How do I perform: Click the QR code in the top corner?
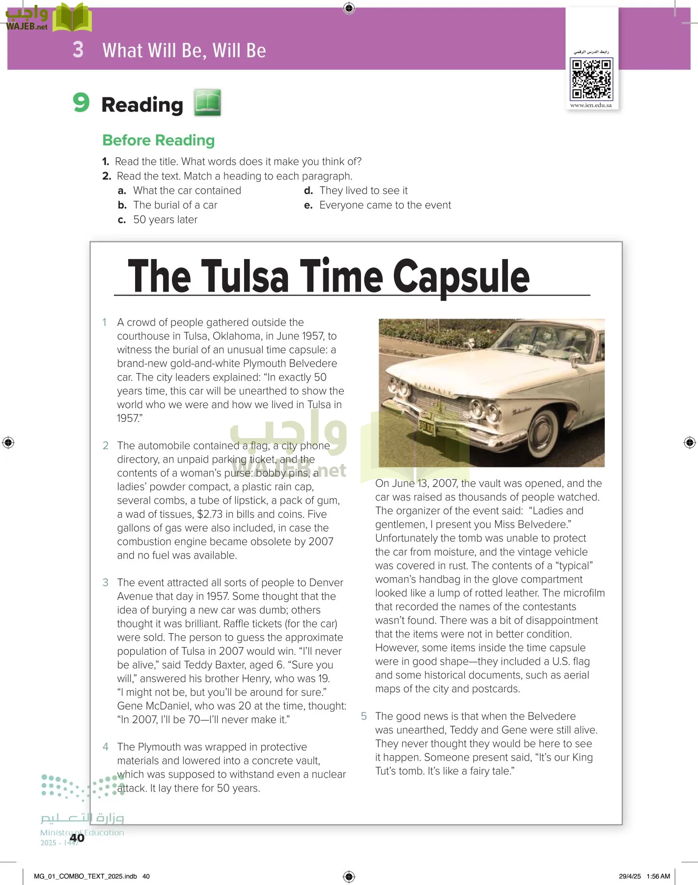coord(591,79)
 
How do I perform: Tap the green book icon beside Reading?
coord(207,102)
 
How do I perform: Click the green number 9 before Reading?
coord(81,102)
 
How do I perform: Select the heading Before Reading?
coord(158,141)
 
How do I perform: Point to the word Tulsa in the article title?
coord(244,277)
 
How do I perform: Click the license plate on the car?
coord(426,426)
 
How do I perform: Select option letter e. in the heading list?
coord(308,206)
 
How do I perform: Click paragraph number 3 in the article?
coord(105,583)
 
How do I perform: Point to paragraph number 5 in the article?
coord(364,716)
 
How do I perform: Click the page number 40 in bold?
coord(77,838)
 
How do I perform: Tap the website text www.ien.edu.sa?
coord(591,105)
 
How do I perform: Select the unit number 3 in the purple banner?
coord(78,50)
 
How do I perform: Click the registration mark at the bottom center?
coord(349,876)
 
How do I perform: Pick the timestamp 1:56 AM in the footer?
coord(658,876)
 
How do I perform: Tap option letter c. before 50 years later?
coord(122,220)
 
